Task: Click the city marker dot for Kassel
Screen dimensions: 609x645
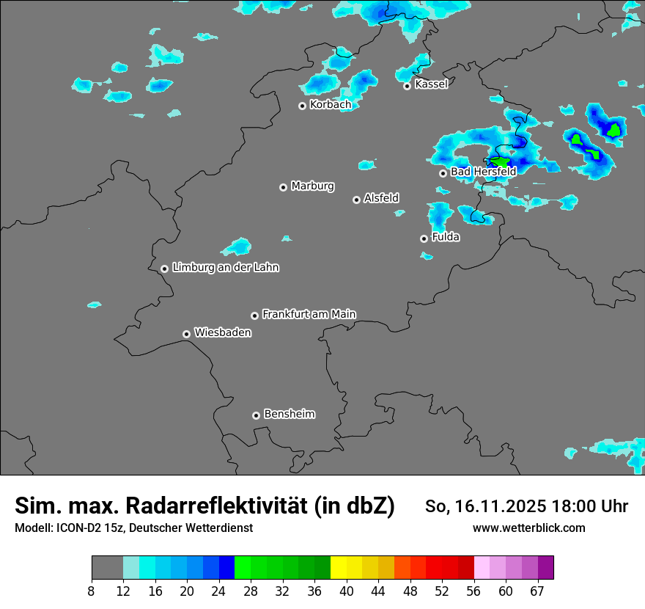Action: (x=407, y=86)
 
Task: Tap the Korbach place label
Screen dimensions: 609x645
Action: (x=330, y=105)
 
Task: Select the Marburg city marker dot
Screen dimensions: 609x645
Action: (x=283, y=187)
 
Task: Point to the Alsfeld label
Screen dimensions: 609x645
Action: (x=381, y=198)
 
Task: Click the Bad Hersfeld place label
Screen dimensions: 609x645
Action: (x=483, y=172)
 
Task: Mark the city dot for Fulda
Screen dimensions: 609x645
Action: (x=424, y=238)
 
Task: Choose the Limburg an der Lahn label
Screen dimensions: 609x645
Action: (x=225, y=268)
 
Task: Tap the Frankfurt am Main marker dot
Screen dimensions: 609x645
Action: (x=254, y=316)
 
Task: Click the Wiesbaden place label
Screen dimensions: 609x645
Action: (x=222, y=333)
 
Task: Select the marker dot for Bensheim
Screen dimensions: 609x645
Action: (x=256, y=415)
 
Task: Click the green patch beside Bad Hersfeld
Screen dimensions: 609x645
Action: (x=501, y=162)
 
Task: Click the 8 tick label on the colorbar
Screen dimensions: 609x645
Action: (x=92, y=591)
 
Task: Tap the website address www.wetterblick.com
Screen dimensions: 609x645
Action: (x=528, y=528)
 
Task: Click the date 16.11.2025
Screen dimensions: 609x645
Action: (x=495, y=506)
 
